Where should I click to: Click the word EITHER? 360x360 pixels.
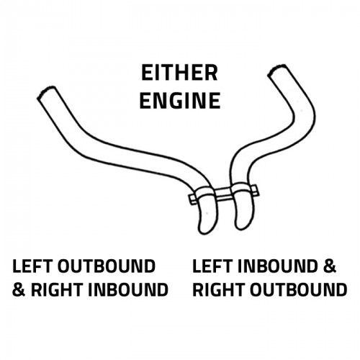coord(179,73)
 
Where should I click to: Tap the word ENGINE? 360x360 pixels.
coord(180,101)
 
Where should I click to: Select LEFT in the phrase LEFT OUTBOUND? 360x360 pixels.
coord(32,266)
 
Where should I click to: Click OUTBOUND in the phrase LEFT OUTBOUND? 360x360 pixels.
coord(107,266)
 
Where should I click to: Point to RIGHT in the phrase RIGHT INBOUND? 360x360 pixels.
coord(57,289)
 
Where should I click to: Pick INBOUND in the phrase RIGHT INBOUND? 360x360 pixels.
coord(127,289)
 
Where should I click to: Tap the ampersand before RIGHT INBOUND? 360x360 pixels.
coord(19,289)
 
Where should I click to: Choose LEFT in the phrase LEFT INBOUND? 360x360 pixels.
coord(212,266)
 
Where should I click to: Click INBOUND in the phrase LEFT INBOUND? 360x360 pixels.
coord(277,266)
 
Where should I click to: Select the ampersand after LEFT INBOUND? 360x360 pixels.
coord(329,266)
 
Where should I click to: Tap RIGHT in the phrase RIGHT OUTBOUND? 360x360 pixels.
coord(218,289)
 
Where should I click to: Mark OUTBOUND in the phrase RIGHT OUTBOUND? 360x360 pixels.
coord(298,289)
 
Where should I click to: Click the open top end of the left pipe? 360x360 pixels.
coord(47,92)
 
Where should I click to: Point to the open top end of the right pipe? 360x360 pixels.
coord(277,70)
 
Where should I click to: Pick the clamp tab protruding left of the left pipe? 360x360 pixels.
coord(192,199)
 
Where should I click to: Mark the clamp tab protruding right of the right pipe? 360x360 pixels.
coord(254,189)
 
